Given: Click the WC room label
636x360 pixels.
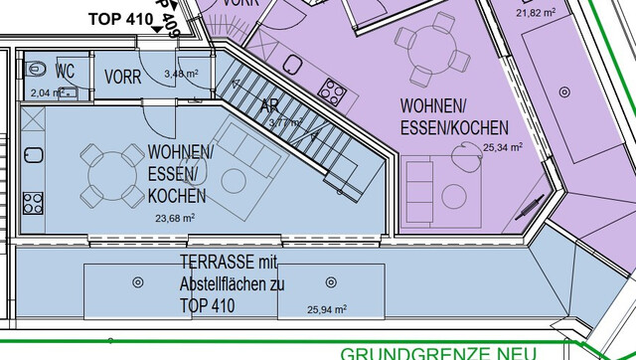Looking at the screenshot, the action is pos(66,71).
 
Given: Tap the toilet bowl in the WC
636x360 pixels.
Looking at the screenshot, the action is pos(36,70).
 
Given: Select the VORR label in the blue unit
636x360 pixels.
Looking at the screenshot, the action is pos(122,76).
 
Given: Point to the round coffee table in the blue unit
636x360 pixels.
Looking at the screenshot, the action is pos(235,181).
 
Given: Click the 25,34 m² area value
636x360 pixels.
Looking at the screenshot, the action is pos(501,148).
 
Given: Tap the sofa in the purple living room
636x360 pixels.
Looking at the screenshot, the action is pos(421,187).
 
